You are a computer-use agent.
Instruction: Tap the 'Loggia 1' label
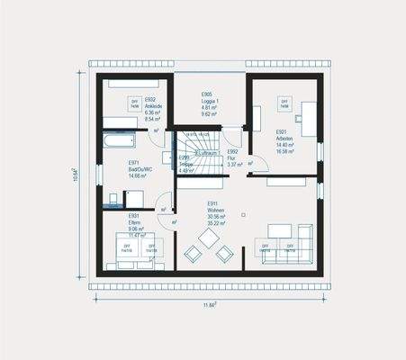(208, 102)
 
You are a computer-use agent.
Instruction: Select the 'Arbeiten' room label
(286, 139)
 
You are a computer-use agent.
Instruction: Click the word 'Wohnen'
(216, 211)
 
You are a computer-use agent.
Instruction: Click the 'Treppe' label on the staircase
(186, 165)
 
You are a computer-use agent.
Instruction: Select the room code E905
(207, 94)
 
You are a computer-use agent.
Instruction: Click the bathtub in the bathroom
(118, 142)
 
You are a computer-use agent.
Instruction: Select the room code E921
(281, 131)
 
